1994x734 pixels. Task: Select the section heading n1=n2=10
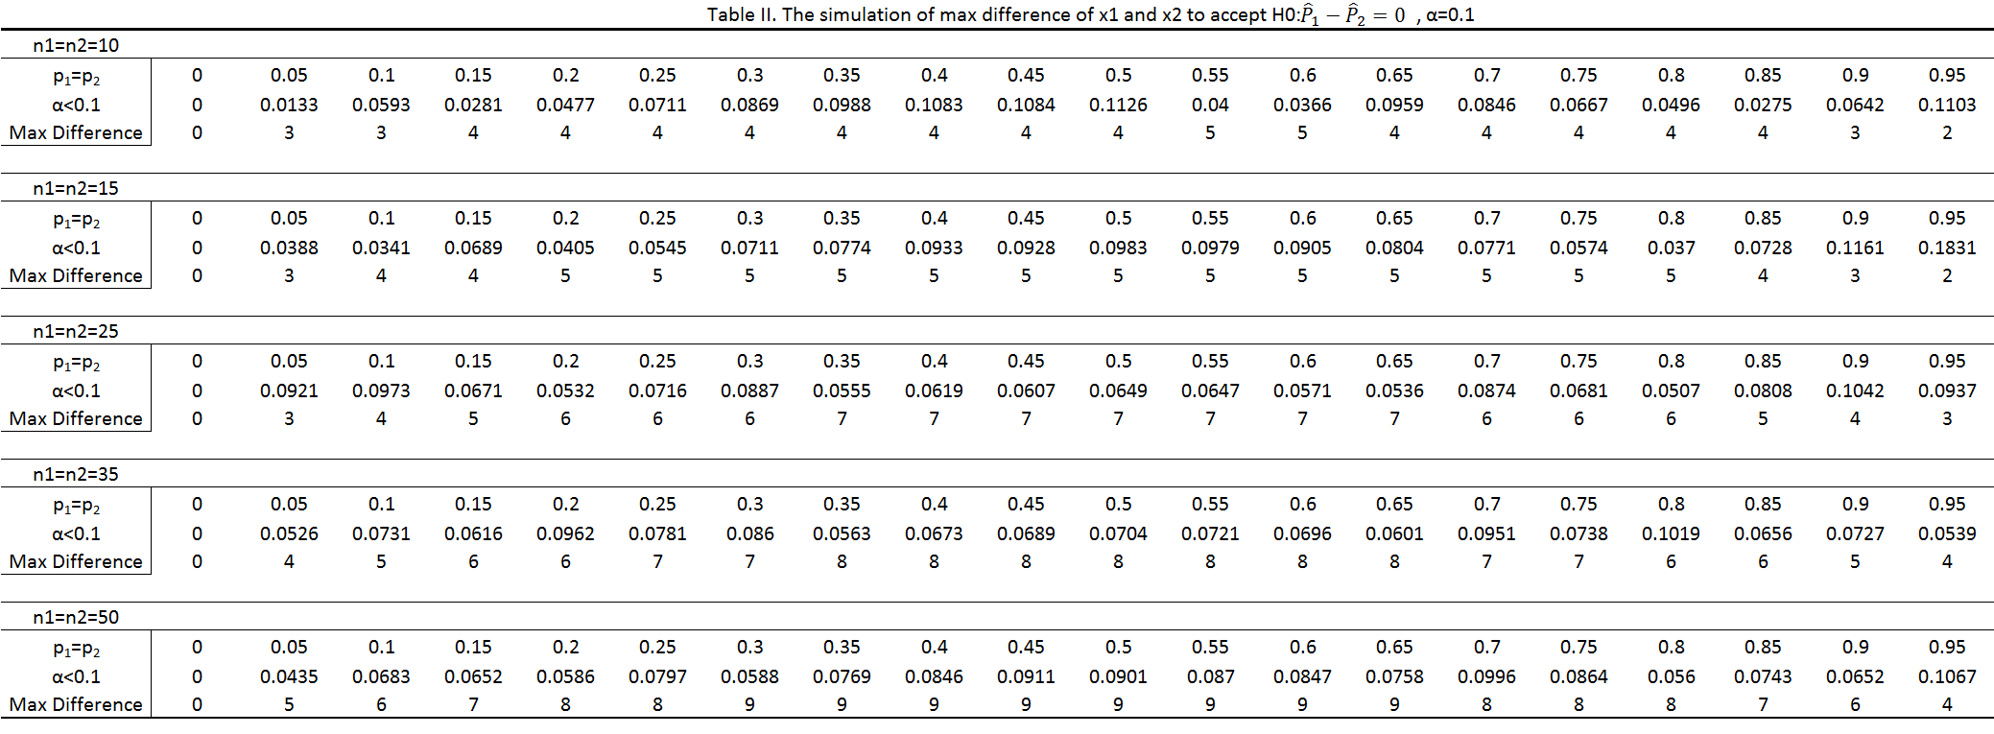[x=76, y=45]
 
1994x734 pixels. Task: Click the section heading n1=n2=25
[x=76, y=331]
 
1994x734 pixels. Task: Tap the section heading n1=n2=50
[x=76, y=617]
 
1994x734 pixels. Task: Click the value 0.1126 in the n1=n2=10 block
[x=1118, y=105]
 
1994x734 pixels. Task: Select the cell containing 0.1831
[x=1946, y=248]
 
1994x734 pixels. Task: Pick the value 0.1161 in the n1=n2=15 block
[x=1854, y=248]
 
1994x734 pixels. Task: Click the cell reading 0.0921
[x=289, y=391]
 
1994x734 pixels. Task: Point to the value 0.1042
[x=1854, y=391]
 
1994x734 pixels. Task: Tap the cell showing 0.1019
[x=1670, y=533]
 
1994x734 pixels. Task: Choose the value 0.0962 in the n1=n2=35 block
[x=565, y=533]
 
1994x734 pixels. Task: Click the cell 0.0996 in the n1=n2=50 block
[x=1485, y=676]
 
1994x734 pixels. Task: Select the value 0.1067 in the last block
[x=1946, y=676]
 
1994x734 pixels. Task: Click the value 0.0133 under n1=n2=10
[x=289, y=105]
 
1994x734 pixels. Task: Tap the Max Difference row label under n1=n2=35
[x=76, y=561]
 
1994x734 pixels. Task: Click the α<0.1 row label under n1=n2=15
[x=76, y=248]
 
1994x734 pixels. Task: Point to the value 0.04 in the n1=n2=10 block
[x=1210, y=105]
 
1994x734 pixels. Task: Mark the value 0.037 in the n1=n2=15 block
[x=1670, y=248]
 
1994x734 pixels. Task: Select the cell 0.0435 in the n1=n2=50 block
[x=289, y=676]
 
